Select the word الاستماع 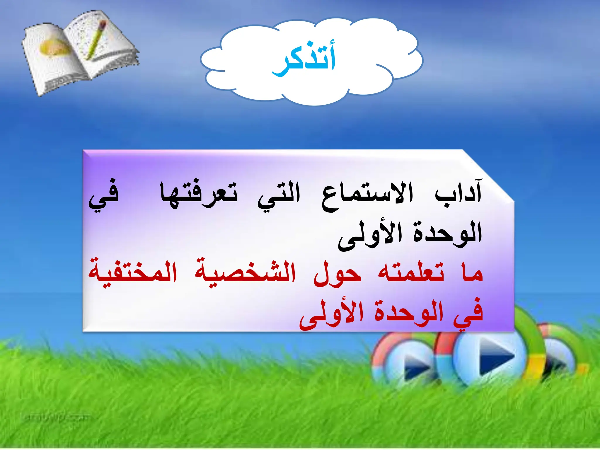tap(368, 195)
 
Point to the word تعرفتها tap(199, 195)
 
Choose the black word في tap(104, 196)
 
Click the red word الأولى tap(331, 315)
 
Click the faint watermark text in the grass tap(56, 417)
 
